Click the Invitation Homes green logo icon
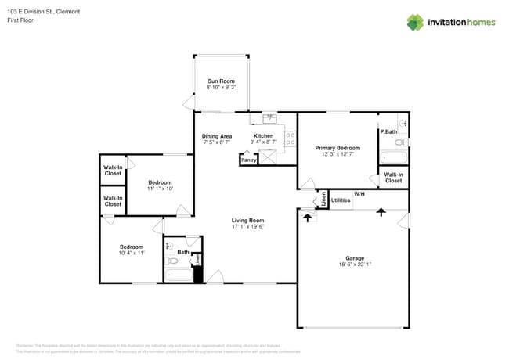tap(415, 22)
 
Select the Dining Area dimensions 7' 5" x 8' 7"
tap(217, 142)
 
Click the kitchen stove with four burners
tap(289, 139)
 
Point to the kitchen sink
tap(269, 118)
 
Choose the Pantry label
tap(248, 160)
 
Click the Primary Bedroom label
tap(338, 148)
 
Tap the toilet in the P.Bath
tap(402, 123)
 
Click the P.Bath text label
tap(388, 132)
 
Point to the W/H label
tap(359, 193)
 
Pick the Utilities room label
tap(341, 200)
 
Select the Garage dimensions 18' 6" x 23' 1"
tap(355, 265)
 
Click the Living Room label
tap(247, 221)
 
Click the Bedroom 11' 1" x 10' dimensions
tap(160, 189)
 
